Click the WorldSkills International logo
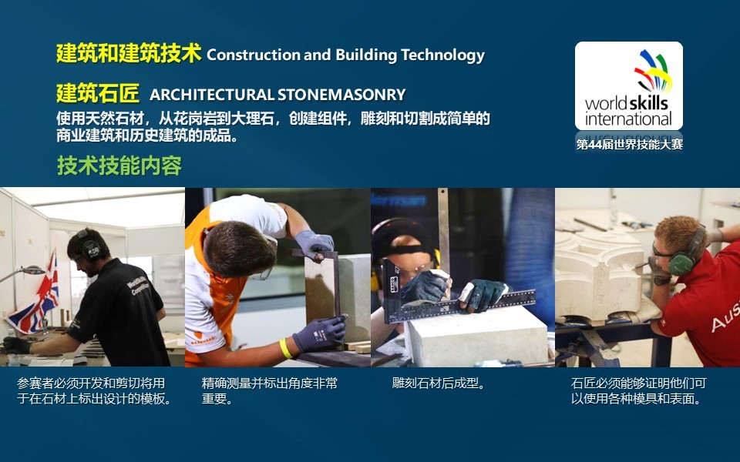pyautogui.click(x=629, y=85)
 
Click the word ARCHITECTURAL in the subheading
pyautogui.click(x=211, y=95)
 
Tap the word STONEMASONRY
pyautogui.click(x=341, y=95)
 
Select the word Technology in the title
pyautogui.click(x=442, y=55)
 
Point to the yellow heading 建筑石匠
pyautogui.click(x=98, y=93)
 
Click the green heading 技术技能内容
pyautogui.click(x=119, y=166)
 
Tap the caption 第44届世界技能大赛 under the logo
pyautogui.click(x=629, y=144)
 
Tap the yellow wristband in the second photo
pyautogui.click(x=285, y=348)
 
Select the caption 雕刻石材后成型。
pyautogui.click(x=439, y=383)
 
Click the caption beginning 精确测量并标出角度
pyautogui.click(x=270, y=391)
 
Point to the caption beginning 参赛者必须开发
pyautogui.click(x=94, y=391)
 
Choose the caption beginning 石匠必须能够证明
pyautogui.click(x=637, y=391)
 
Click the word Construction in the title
pyautogui.click(x=254, y=55)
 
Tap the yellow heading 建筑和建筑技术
pyautogui.click(x=129, y=53)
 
